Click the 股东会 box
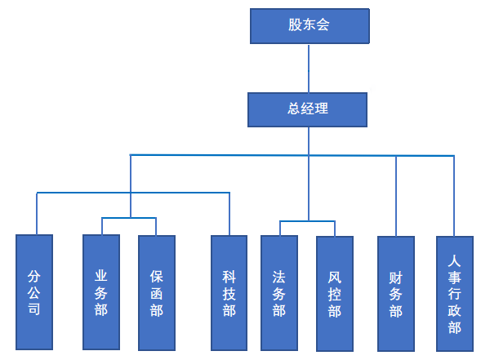point(310,26)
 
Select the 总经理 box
point(307,109)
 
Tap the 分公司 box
point(34,292)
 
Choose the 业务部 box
point(101,292)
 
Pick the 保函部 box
point(157,293)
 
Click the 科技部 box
point(229,293)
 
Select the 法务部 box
point(279,293)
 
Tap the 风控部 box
point(335,293)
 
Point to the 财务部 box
point(396,293)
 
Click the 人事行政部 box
point(455,293)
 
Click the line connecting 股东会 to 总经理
point(309,68)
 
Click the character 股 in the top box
point(295,24)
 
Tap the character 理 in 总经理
point(322,109)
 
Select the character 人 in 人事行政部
point(454,261)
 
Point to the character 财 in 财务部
point(396,278)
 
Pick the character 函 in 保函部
point(157,293)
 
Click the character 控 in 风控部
point(334,295)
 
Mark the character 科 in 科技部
point(229,278)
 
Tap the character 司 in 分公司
point(34,309)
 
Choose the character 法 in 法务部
point(278,278)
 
